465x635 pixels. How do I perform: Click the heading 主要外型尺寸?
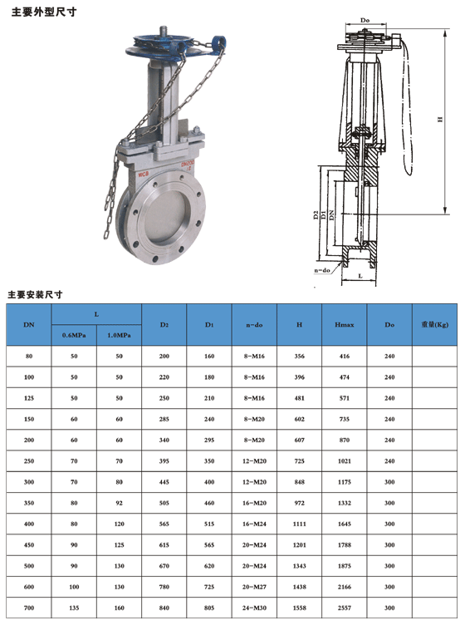pos(44,12)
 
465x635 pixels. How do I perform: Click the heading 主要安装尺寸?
pos(35,294)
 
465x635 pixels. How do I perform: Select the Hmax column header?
pos(345,325)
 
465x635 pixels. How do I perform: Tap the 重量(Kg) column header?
pos(434,324)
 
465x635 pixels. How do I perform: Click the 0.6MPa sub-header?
pos(74,335)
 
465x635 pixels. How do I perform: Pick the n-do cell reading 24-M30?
pos(254,608)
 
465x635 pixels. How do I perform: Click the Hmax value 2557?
pos(345,608)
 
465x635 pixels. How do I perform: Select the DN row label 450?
pos(29,545)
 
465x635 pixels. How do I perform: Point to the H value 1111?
pos(300,524)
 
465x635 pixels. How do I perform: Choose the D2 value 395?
pos(164,461)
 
